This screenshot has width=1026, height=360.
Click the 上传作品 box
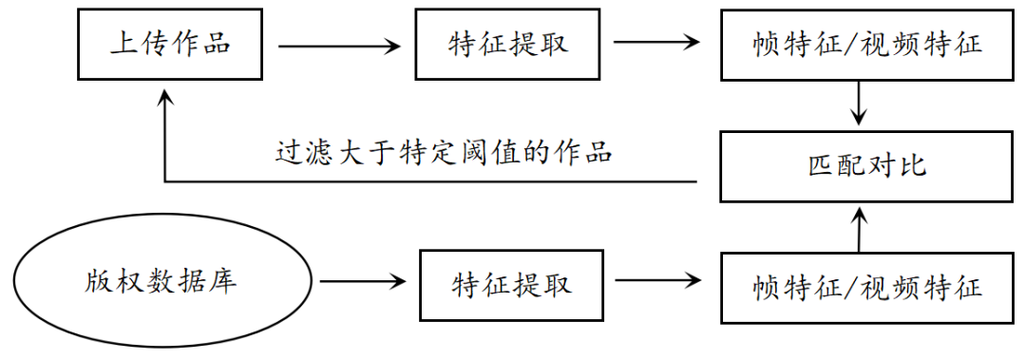pyautogui.click(x=170, y=44)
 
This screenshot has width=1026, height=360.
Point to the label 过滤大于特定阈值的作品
pyautogui.click(x=443, y=152)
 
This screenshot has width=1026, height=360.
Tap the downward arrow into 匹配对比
pyautogui.click(x=860, y=104)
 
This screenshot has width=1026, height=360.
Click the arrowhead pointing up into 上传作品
pyautogui.click(x=166, y=100)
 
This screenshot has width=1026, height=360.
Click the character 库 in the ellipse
pyautogui.click(x=223, y=282)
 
